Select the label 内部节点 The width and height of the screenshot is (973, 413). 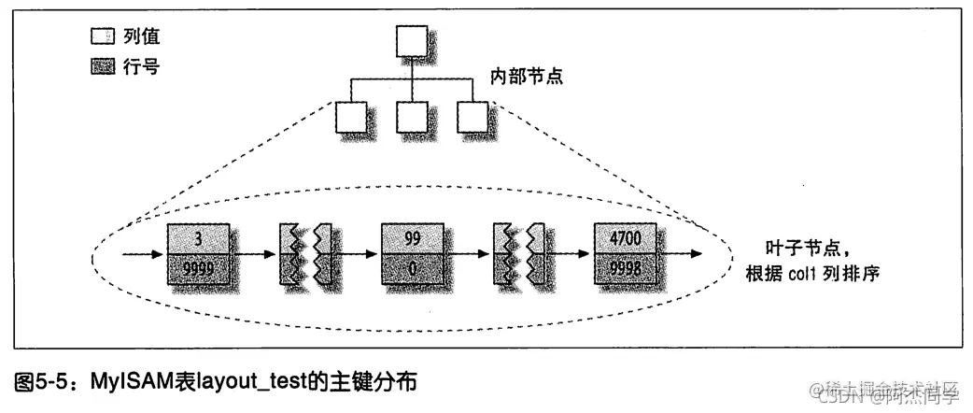tap(528, 75)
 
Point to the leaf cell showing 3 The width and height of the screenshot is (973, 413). tap(198, 238)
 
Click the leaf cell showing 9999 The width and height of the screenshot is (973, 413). tap(198, 267)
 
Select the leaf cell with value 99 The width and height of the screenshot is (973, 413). tap(412, 238)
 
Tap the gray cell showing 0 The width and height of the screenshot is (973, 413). tap(412, 267)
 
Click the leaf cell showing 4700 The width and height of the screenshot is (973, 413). tap(625, 238)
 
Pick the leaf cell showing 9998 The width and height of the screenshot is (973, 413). tap(625, 267)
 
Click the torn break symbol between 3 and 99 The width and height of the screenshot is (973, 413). tap(305, 254)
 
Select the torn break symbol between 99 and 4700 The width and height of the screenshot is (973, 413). tap(519, 254)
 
